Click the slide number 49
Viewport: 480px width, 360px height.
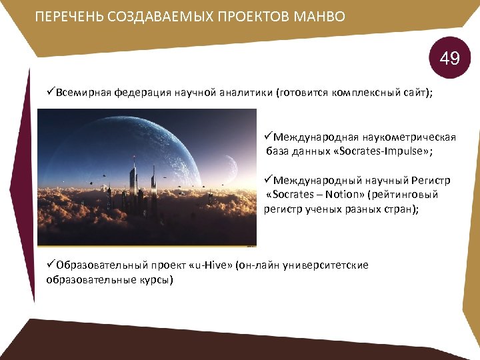pyautogui.click(x=449, y=59)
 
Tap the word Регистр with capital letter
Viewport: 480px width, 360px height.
pyautogui.click(x=428, y=181)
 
